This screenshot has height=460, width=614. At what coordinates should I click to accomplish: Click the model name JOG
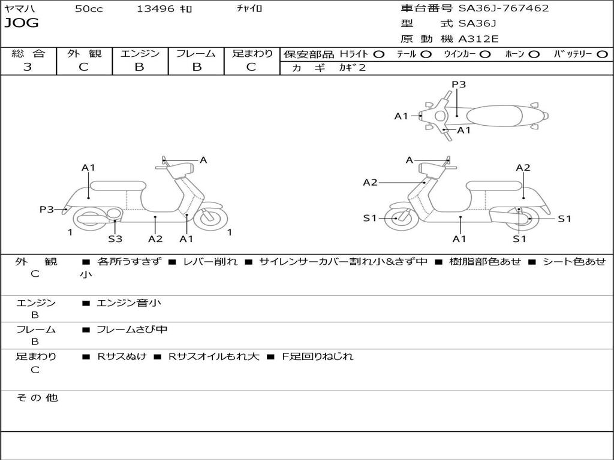(x=22, y=23)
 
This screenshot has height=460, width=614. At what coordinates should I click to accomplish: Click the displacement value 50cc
(x=89, y=8)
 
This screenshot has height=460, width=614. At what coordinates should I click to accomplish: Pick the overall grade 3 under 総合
(x=28, y=67)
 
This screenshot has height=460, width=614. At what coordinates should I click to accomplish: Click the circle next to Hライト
(x=379, y=54)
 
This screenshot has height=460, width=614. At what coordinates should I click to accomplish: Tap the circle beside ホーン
(x=534, y=54)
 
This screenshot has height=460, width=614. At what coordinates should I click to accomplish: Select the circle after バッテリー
(x=602, y=54)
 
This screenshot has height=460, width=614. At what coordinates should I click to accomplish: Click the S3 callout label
(x=115, y=239)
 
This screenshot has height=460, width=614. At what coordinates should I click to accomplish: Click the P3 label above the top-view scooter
(x=459, y=84)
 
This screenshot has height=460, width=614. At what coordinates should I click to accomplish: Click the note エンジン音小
(x=129, y=303)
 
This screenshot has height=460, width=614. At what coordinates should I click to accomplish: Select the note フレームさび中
(x=132, y=329)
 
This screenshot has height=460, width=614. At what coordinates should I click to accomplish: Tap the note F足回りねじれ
(x=321, y=356)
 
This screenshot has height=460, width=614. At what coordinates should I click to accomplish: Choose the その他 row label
(x=37, y=398)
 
